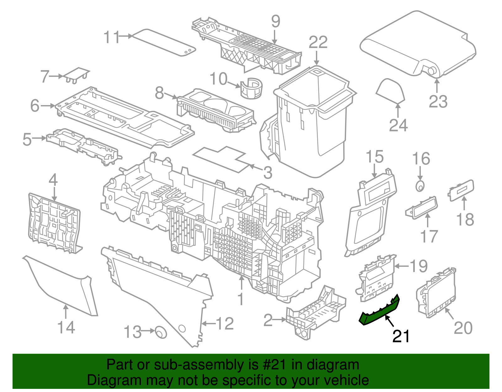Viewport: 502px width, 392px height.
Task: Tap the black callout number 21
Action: coord(401,336)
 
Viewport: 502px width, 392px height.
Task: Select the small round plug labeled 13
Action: coord(161,332)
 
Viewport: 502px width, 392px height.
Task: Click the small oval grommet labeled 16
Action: coord(420,186)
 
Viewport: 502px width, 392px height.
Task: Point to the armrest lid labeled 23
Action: coord(417,44)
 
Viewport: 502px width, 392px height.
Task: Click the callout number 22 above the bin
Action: coord(318,43)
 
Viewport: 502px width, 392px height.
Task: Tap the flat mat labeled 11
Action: coord(163,42)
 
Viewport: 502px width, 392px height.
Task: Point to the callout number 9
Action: coord(275,21)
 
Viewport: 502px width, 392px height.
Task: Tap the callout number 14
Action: coord(66,327)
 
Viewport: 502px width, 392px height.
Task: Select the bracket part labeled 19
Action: coord(375,278)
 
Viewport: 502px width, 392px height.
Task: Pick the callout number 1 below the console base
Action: coord(241,299)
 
